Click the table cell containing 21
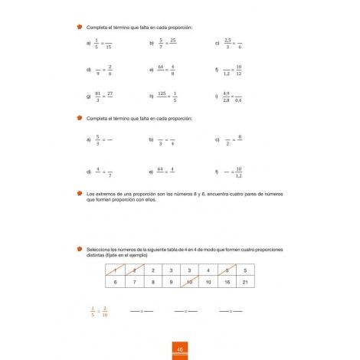(x=245, y=282)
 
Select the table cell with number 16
(x=226, y=282)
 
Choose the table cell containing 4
(x=208, y=270)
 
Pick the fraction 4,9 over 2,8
(x=227, y=97)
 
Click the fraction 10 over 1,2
(x=240, y=173)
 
